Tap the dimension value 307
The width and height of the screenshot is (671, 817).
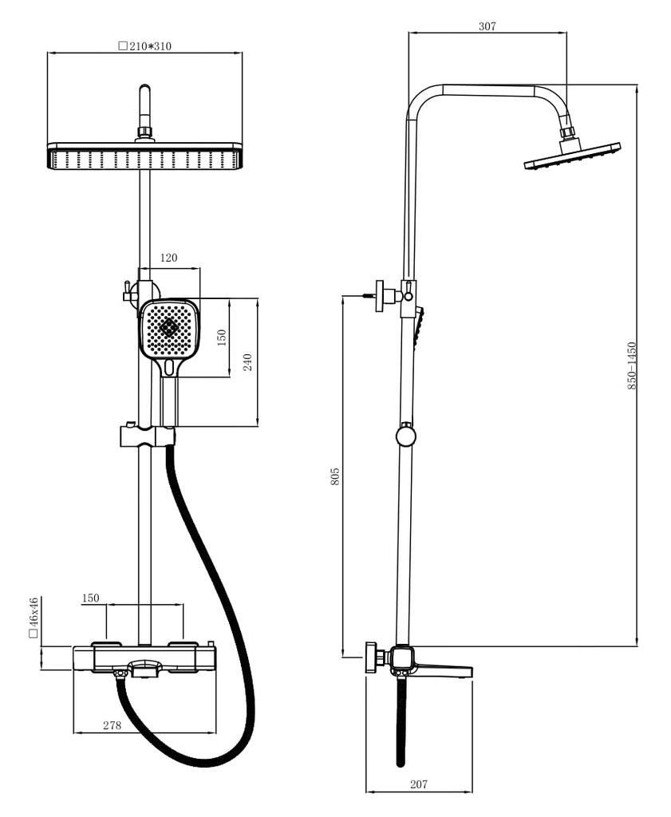point(487,26)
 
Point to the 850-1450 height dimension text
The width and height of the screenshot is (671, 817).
point(631,365)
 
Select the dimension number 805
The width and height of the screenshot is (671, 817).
point(335,476)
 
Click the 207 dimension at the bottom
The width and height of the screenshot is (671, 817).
point(419,784)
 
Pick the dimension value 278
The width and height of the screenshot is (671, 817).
point(112,725)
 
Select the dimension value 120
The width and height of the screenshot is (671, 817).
point(168,258)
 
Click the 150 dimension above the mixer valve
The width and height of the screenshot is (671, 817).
point(91,598)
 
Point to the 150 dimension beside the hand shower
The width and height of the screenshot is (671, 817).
point(222,337)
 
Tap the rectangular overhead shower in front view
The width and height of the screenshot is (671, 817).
point(144,156)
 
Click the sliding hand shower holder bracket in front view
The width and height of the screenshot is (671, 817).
point(147,436)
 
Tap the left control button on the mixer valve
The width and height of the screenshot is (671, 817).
point(106,645)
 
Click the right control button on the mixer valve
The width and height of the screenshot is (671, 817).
point(184,645)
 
